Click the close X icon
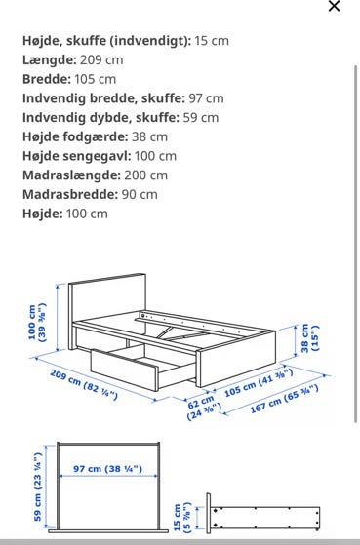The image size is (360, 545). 335,6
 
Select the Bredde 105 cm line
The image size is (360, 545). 68,79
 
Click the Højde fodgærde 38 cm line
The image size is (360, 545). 95,136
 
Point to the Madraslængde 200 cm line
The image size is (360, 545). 95,175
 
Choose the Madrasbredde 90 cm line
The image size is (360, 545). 90,194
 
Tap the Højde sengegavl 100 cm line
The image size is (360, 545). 100,156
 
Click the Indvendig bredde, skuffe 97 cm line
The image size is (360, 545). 123,98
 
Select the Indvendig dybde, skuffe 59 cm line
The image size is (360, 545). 121,117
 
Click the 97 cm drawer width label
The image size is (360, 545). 107,470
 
